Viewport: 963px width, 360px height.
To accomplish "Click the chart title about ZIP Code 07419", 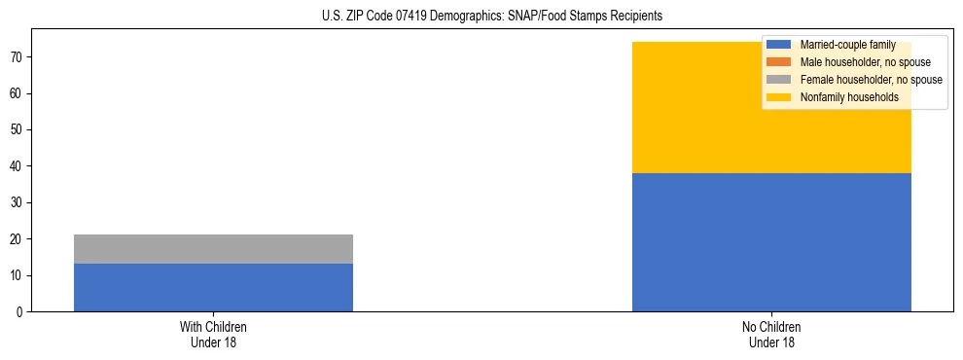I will (491, 16).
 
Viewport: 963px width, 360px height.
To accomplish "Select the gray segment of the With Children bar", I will (213, 249).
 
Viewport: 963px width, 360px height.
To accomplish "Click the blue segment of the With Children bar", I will (213, 288).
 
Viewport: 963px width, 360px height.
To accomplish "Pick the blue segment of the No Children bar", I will (771, 242).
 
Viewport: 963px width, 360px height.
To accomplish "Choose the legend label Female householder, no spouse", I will (871, 80).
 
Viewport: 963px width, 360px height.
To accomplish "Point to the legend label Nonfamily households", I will (849, 97).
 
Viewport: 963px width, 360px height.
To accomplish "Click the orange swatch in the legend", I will (779, 62).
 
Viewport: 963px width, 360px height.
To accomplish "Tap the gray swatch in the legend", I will (779, 80).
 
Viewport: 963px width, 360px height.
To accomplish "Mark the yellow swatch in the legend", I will (779, 97).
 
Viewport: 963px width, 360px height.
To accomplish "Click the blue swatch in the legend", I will (779, 45).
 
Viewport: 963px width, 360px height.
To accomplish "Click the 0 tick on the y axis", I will (19, 312).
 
